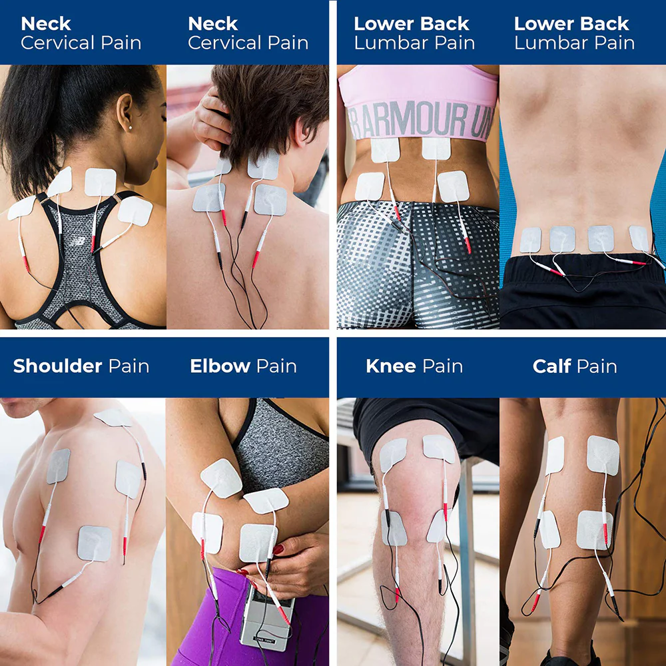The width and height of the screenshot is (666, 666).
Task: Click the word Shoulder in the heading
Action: click(x=57, y=366)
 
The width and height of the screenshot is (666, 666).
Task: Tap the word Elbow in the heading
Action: click(x=220, y=366)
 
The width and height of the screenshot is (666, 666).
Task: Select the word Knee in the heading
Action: click(x=391, y=366)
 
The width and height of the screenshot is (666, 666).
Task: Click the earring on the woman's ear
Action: click(x=130, y=127)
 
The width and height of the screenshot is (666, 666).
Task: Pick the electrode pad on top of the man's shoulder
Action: click(x=113, y=418)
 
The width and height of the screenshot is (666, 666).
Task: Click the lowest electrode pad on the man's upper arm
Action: click(x=95, y=543)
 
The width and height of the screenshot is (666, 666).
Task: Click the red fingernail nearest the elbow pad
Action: click(x=278, y=549)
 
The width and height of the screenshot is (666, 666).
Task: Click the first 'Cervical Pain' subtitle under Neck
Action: click(x=81, y=43)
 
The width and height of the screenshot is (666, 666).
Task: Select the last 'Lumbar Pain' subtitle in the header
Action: click(x=574, y=43)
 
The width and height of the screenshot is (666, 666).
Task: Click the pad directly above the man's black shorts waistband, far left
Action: click(x=531, y=240)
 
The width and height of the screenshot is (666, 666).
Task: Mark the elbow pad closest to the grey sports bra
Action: click(x=266, y=500)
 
